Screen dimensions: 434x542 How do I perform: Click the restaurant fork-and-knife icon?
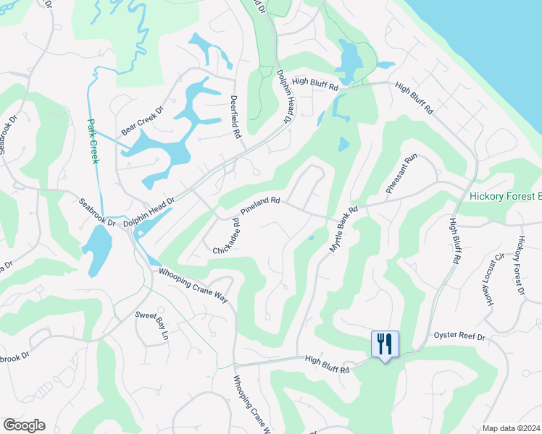[384, 344]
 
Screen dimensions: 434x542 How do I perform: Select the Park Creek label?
[93, 140]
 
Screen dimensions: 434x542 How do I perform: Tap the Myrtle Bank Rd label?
[344, 230]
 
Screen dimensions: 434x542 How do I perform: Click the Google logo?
[24, 425]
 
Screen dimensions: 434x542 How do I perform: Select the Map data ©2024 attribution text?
[511, 428]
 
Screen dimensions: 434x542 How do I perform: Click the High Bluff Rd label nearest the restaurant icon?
[327, 363]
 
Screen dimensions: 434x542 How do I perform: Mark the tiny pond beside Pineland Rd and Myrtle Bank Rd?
[311, 237]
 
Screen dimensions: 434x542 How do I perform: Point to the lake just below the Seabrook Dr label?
[97, 250]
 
